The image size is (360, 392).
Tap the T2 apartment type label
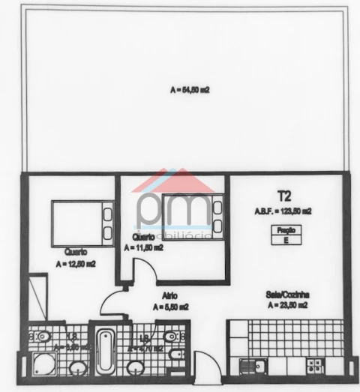[283, 197]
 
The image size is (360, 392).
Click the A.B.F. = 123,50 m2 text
[283, 212]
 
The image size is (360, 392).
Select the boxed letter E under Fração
[284, 241]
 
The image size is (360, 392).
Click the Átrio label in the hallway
[169, 296]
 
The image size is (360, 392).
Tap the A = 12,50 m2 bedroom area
[75, 264]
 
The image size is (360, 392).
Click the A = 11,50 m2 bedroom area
[144, 248]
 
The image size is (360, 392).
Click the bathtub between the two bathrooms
[105, 352]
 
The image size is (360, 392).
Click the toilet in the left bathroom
[42, 335]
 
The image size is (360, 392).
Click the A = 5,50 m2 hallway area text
[170, 307]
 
